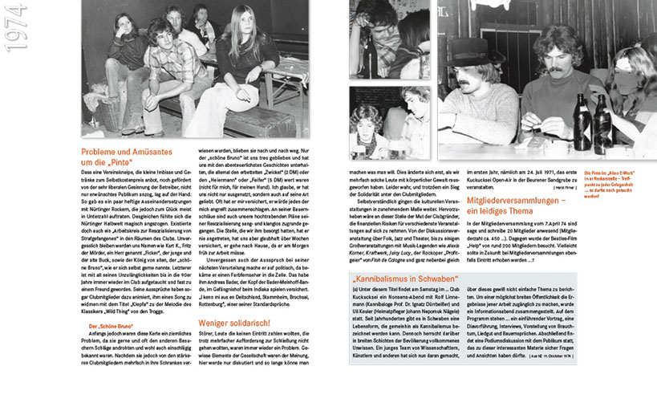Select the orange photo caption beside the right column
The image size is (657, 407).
[x=616, y=183]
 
